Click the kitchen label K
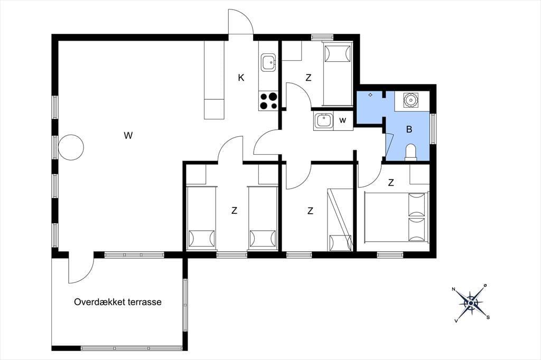[241, 78]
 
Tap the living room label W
[128, 136]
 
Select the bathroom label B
[409, 129]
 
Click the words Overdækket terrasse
[118, 302]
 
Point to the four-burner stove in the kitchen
[268, 101]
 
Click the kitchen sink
[268, 62]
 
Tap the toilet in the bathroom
[411, 153]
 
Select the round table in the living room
[71, 147]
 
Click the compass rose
[470, 303]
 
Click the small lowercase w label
[342, 120]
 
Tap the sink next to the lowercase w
[323, 121]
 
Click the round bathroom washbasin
[411, 100]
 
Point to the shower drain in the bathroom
[370, 95]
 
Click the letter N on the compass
[454, 289]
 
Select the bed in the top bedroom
[337, 74]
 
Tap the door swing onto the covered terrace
[81, 268]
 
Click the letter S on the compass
[488, 317]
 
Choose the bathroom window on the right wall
[433, 128]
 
